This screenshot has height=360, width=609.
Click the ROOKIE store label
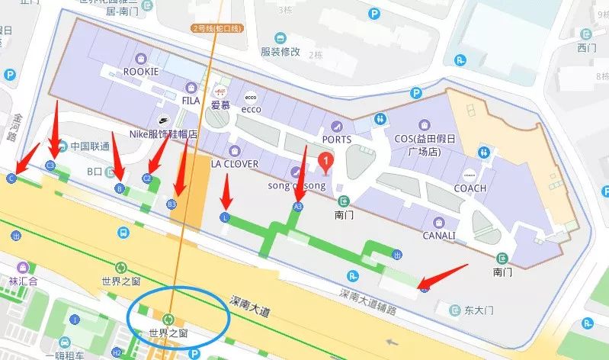tap(140, 72)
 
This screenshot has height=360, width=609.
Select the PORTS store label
tap(336, 140)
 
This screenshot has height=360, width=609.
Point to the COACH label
tap(470, 188)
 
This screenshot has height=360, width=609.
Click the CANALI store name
tap(439, 236)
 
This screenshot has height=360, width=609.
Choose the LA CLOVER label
tap(235, 164)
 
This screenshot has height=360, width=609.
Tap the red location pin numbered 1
tap(325, 162)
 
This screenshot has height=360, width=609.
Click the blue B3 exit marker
tap(171, 204)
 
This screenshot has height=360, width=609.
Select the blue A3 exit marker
tap(298, 206)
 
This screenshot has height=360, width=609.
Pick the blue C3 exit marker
tap(51, 165)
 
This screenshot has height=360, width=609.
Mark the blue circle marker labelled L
tap(225, 217)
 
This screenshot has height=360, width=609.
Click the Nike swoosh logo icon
tap(163, 120)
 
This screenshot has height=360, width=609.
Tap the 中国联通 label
tap(90, 146)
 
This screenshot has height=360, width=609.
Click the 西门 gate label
tap(586, 48)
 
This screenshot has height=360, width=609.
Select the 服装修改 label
tap(280, 53)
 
